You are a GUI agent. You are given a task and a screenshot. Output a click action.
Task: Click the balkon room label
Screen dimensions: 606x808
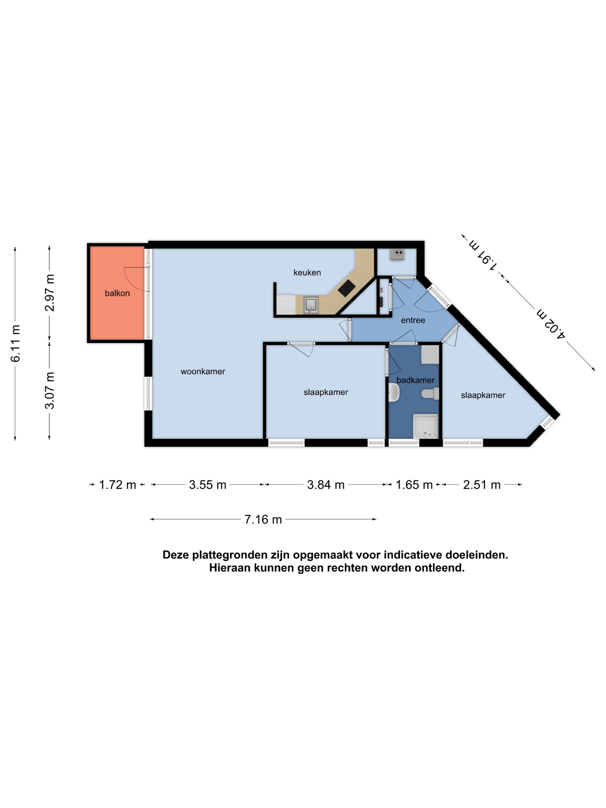117,293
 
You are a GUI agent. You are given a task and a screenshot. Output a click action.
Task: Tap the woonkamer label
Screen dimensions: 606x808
203,371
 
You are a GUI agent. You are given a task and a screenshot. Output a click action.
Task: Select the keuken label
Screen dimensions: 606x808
307,272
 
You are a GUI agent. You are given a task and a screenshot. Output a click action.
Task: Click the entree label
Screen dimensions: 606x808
413,320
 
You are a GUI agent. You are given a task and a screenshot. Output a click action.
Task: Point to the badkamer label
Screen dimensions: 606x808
416,380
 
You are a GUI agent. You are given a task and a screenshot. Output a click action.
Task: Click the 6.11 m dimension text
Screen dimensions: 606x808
16,343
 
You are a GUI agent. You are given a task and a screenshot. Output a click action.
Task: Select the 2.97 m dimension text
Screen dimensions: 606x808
50,293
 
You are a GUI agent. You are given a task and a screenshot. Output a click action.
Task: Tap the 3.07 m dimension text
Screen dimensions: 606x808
50,390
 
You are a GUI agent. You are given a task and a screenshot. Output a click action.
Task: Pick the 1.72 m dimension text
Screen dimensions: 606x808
118,485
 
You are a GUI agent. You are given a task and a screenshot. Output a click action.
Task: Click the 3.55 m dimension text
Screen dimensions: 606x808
207,485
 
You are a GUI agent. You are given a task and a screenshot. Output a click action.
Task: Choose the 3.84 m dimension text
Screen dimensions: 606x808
326,485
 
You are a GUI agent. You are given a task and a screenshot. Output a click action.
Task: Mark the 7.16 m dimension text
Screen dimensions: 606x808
263,519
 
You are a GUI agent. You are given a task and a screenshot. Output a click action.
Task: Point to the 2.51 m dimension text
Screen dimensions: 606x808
482,485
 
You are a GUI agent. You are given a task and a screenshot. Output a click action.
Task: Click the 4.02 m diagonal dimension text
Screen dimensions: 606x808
551,324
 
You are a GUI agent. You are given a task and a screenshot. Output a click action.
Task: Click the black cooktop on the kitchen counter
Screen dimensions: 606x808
347,288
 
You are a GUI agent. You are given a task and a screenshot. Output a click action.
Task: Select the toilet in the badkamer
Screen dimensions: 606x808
430,394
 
